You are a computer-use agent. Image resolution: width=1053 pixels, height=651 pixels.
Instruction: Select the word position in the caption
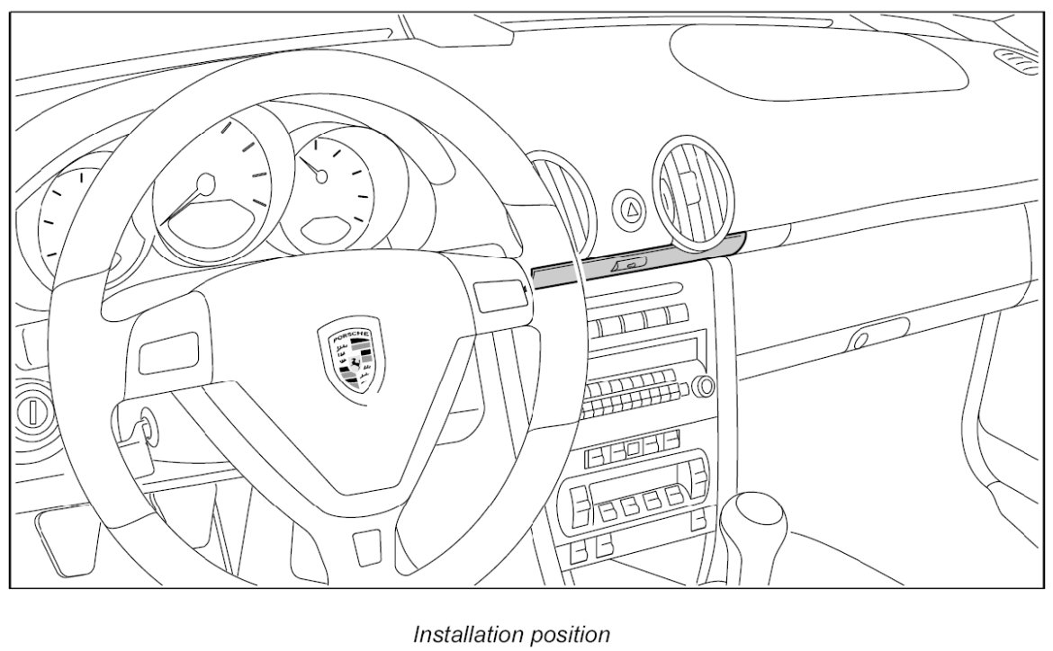567,634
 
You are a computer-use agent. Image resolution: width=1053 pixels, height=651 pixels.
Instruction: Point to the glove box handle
861,339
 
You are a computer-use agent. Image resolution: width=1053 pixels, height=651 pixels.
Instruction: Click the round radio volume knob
703,387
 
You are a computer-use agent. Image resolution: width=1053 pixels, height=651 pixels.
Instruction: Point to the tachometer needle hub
207,184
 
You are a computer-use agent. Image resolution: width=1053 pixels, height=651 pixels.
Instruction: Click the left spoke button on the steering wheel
168,351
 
